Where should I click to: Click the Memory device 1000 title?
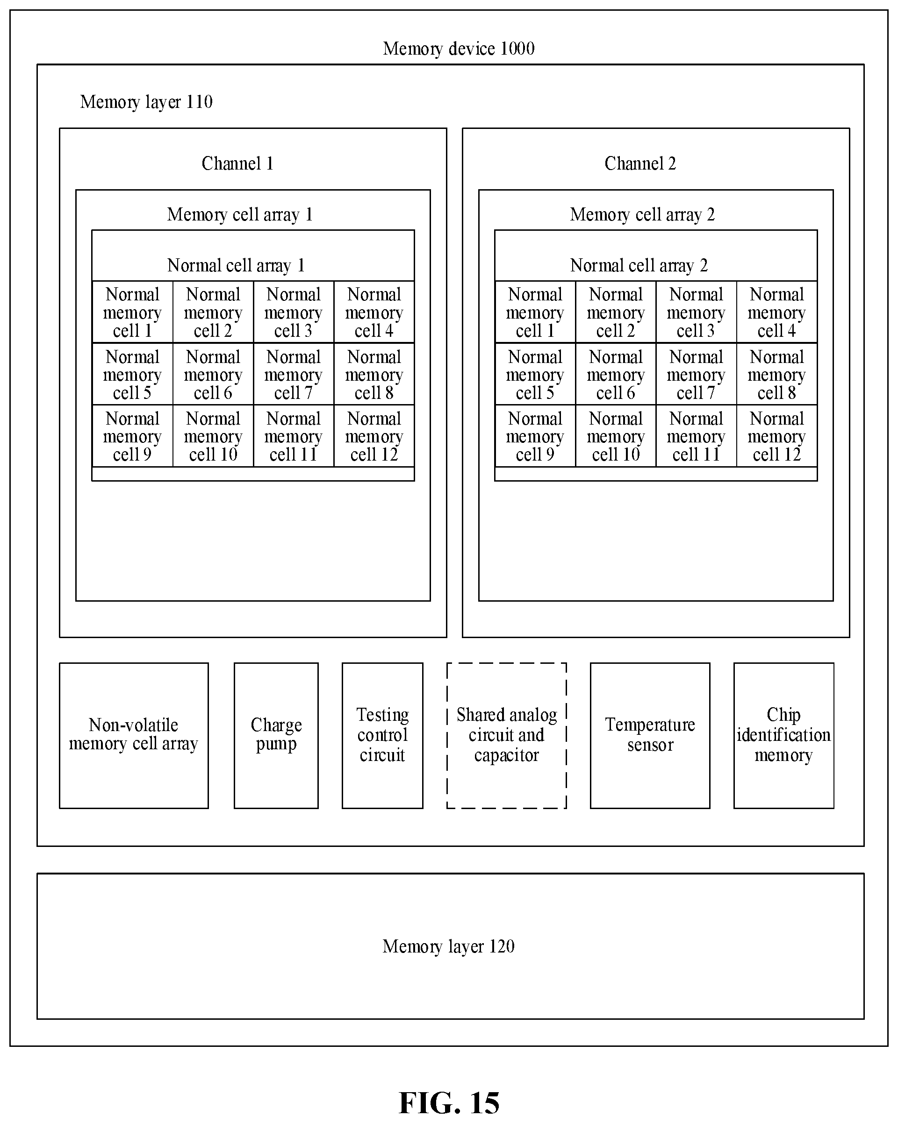(x=459, y=49)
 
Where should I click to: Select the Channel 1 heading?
(x=237, y=163)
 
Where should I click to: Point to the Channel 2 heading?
(x=640, y=163)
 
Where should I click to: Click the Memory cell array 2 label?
(x=642, y=214)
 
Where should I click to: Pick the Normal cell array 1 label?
(x=236, y=266)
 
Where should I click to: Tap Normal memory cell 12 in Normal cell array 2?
(x=776, y=436)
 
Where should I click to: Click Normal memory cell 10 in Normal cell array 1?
(x=213, y=436)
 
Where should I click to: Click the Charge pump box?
(x=276, y=735)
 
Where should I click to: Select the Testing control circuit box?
(x=382, y=735)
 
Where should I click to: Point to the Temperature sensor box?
(x=650, y=735)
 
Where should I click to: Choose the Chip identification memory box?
(x=784, y=735)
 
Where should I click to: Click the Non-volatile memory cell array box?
(x=134, y=735)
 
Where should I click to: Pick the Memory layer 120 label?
(x=449, y=946)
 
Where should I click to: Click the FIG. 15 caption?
(x=449, y=1103)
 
